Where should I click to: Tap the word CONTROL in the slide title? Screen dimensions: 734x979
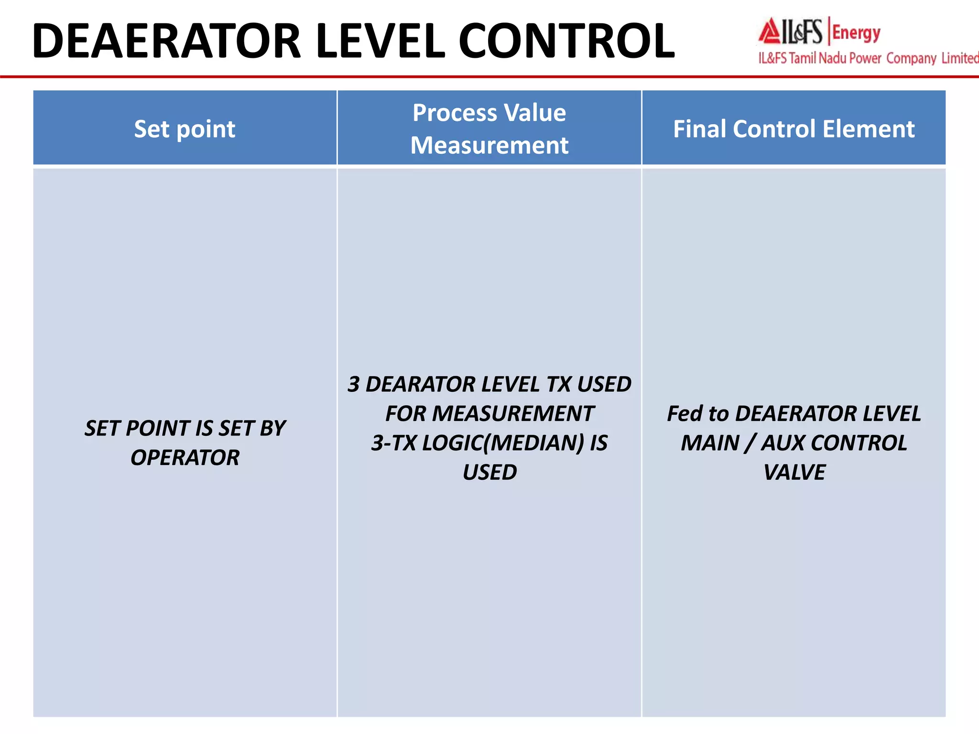(566, 42)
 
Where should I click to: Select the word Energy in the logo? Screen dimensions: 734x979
(856, 33)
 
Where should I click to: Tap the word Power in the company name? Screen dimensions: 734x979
(865, 58)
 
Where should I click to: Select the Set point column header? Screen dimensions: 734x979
(185, 129)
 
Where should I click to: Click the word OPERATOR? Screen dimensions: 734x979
(185, 458)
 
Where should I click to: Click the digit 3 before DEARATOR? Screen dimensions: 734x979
(354, 385)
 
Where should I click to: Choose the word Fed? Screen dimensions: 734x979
(685, 414)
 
